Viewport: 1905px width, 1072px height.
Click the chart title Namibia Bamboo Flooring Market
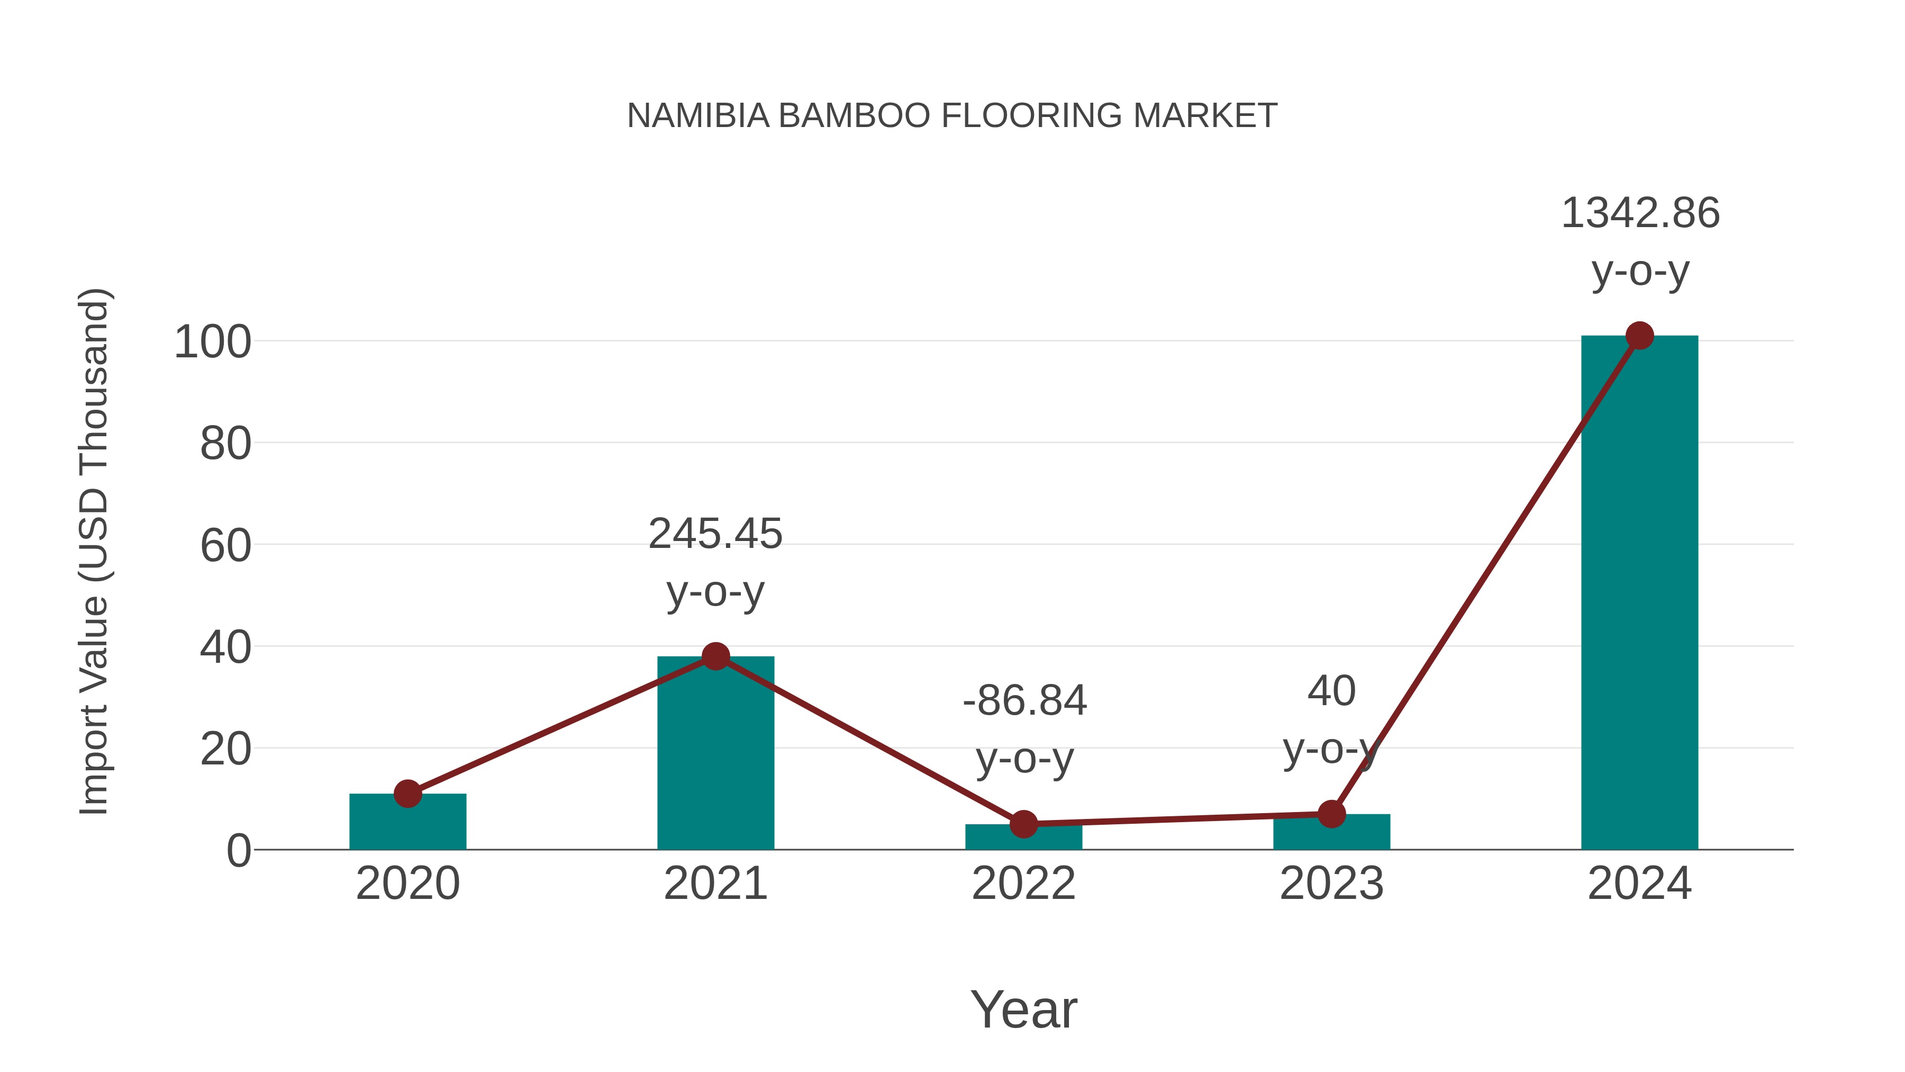[952, 116]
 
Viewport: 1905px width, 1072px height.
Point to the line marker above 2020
[407, 794]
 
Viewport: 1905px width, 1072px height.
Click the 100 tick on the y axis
[212, 343]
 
